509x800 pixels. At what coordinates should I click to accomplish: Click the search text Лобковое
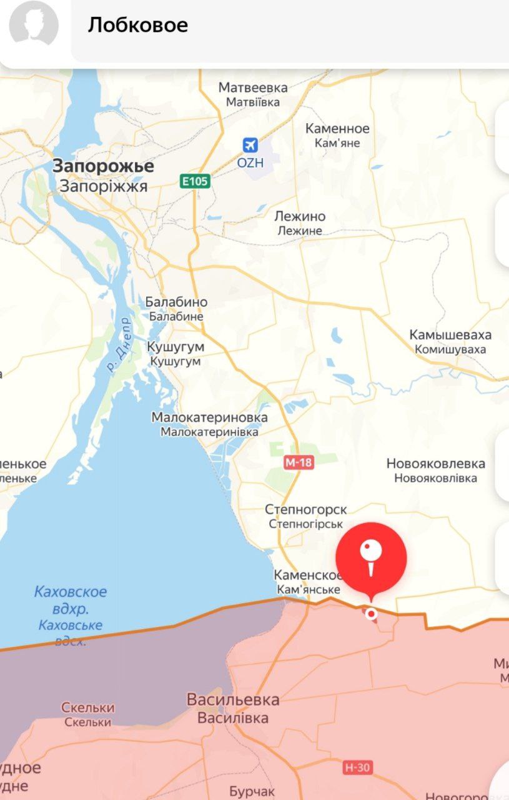point(138,25)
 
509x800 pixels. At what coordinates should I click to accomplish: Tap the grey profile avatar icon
point(34,26)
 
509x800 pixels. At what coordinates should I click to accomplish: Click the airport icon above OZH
point(250,145)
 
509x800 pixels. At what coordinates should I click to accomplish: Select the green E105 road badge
point(195,181)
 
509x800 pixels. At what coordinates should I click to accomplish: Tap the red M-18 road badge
point(299,462)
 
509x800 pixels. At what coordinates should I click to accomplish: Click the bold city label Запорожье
point(103,166)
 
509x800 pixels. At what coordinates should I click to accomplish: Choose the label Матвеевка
point(253,87)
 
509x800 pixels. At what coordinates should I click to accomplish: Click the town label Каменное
point(337,129)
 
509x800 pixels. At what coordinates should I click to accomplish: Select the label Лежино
point(300,216)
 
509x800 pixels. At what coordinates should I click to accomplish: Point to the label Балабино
point(176,302)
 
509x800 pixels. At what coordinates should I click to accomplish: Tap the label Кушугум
point(175,347)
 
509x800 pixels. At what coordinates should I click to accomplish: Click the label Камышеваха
point(450,334)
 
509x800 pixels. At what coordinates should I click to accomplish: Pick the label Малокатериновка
point(210,417)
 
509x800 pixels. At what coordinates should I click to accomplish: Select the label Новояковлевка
point(435,464)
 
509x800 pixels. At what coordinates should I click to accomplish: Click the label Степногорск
point(306,510)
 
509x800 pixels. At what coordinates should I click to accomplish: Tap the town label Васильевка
point(233,699)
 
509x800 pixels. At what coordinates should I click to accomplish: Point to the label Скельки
point(87,707)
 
